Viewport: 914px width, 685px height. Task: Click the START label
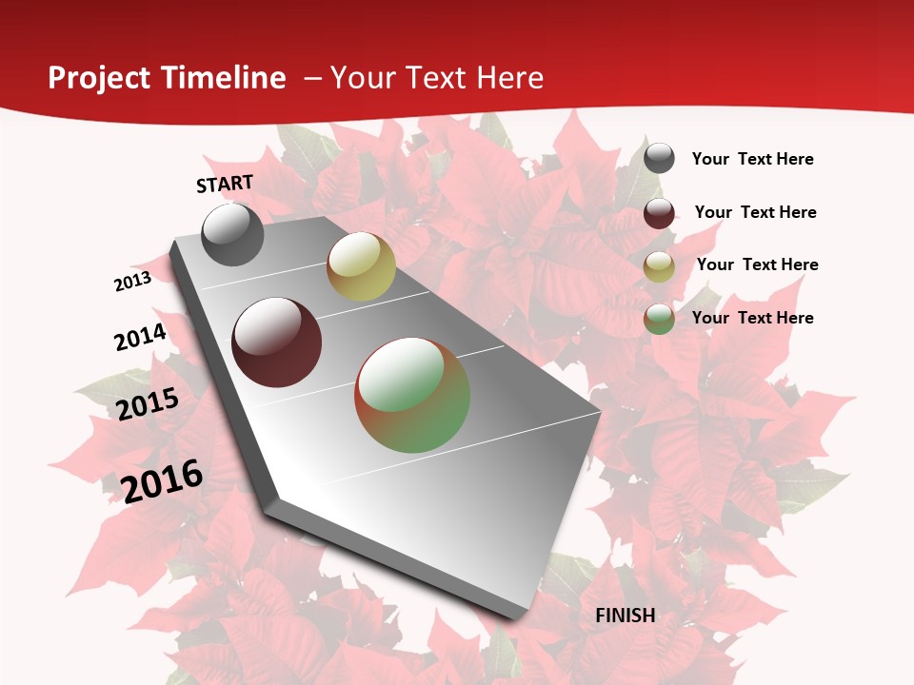click(x=225, y=184)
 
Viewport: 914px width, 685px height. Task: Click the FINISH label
click(x=626, y=616)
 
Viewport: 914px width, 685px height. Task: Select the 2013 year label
click(x=132, y=282)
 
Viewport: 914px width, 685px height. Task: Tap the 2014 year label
click(x=140, y=338)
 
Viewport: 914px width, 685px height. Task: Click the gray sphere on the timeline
click(x=233, y=234)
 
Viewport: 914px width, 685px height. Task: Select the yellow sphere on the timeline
click(x=361, y=266)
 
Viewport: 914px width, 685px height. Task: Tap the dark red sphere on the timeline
click(x=277, y=342)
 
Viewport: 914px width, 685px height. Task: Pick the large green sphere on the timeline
click(x=412, y=395)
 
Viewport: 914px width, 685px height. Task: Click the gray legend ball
click(x=659, y=159)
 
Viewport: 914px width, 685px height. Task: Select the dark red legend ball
click(x=659, y=213)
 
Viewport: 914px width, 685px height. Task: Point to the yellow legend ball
click(x=659, y=266)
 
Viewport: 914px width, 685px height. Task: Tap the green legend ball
click(x=659, y=319)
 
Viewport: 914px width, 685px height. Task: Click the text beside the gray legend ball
click(x=753, y=160)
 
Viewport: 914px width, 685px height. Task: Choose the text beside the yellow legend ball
click(x=758, y=264)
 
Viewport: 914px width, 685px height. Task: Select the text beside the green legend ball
click(x=753, y=318)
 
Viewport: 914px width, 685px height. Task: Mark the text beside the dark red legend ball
click(x=756, y=212)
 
